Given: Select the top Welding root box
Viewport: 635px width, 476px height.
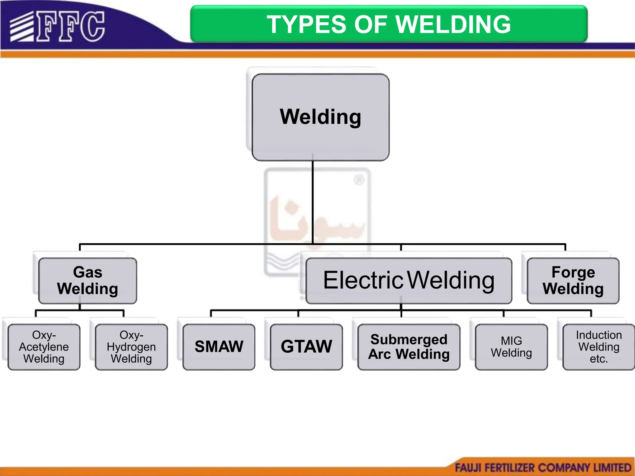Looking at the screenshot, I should point(320,117).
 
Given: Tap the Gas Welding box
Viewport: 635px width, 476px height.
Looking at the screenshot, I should point(87,280).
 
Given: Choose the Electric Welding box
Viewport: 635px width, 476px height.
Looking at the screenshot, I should point(408,280).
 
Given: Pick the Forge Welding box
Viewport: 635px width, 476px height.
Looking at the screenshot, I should point(573,280).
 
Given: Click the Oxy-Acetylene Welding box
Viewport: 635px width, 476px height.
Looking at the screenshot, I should point(44,347).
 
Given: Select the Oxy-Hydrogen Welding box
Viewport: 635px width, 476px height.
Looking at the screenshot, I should point(131,347).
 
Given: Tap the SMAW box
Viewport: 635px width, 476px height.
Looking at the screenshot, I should point(219,347).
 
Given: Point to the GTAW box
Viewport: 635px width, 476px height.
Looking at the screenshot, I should point(306,347).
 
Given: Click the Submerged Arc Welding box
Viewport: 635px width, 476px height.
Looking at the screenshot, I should point(409,347).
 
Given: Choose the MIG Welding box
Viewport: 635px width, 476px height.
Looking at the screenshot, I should point(511,347).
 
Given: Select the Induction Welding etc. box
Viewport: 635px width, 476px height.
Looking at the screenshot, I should point(599,347).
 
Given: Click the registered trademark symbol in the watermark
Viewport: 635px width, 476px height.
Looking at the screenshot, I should point(359,180).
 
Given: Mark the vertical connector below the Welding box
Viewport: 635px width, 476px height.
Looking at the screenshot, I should point(313,201).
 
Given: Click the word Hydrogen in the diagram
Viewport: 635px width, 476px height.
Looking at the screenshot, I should point(131,347).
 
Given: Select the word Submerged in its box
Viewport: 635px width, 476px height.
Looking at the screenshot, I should point(409,340).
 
